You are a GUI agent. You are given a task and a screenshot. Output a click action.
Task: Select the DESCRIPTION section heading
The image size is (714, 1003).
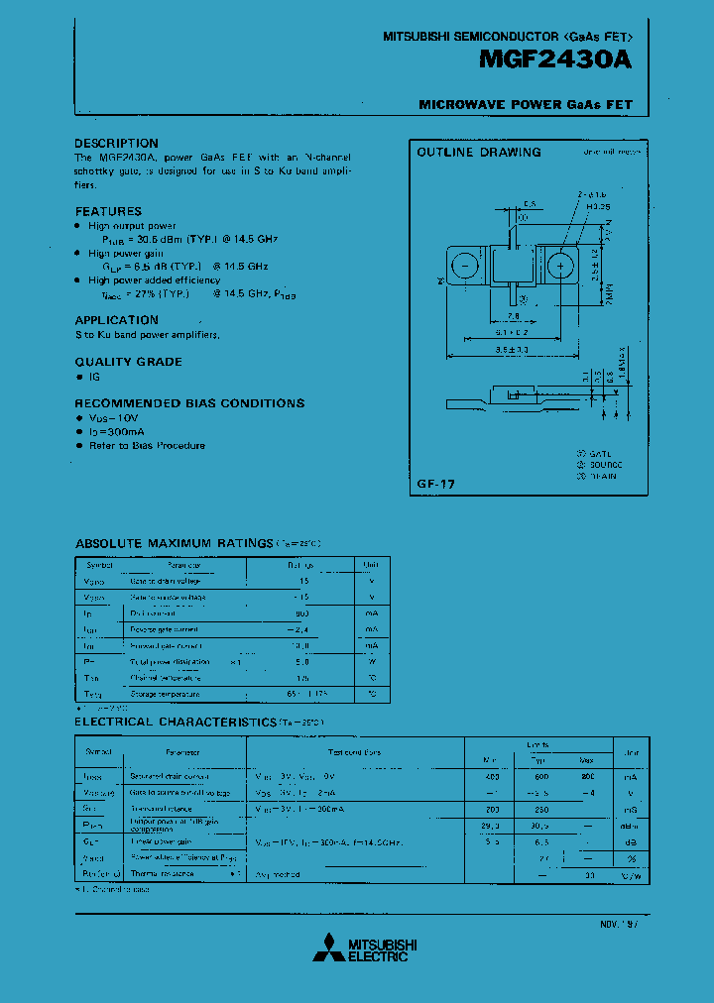(116, 144)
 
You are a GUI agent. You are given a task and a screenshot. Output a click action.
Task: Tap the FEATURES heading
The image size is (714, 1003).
(108, 211)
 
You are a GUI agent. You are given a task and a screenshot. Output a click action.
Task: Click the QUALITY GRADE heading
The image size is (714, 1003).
(128, 362)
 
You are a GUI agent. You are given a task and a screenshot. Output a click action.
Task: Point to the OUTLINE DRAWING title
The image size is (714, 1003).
(478, 153)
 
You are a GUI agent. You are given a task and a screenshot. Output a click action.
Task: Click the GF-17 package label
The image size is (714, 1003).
(436, 484)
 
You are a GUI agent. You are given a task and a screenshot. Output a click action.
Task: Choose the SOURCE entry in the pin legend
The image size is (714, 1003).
(605, 464)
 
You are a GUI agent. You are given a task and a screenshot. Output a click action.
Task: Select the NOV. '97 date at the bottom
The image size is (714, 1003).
(619, 923)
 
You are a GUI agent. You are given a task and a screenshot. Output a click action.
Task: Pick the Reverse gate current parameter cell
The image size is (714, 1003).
(165, 629)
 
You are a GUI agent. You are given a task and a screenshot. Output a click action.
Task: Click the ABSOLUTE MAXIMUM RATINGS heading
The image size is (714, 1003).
(174, 543)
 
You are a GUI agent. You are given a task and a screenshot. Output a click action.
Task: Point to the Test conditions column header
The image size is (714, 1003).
(355, 752)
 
